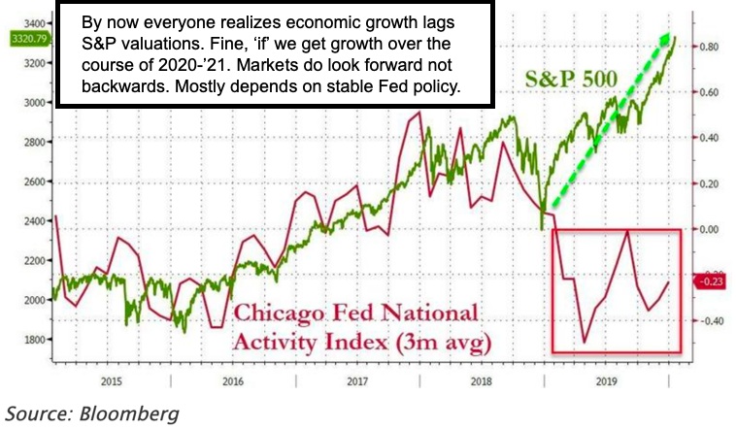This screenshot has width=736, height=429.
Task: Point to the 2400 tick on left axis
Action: pyautogui.click(x=33, y=220)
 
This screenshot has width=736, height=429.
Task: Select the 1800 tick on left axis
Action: pyautogui.click(x=33, y=340)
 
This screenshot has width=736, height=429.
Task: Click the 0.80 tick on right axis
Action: pyautogui.click(x=708, y=47)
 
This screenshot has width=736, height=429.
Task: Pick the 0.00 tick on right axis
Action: pyautogui.click(x=708, y=229)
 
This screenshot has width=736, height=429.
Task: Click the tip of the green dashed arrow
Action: pyautogui.click(x=669, y=35)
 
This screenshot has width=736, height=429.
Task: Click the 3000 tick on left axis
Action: pyautogui.click(x=33, y=101)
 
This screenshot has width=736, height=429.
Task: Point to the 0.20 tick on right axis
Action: pyautogui.click(x=708, y=183)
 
